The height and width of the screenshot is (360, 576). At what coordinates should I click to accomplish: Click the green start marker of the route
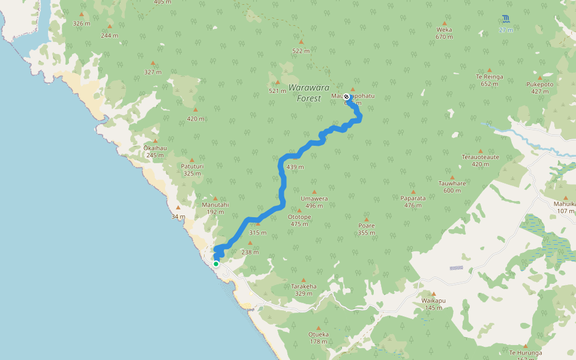point(216,263)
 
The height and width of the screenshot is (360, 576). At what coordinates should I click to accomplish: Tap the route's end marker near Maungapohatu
point(346,97)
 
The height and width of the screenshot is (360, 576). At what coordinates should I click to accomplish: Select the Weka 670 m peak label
point(444,32)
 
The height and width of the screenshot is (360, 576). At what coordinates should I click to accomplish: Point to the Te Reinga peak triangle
point(490,70)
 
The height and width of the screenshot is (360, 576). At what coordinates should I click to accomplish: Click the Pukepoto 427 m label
point(540,88)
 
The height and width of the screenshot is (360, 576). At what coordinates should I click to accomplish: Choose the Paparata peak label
point(413,201)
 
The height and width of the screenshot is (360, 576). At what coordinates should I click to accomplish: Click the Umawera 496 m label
point(314,202)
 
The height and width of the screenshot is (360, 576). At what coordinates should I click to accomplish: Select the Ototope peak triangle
point(299,210)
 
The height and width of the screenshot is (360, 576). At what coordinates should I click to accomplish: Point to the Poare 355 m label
point(366,229)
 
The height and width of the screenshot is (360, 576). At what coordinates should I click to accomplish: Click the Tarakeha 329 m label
point(304,290)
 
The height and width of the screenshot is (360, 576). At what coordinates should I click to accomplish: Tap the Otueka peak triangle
point(318,328)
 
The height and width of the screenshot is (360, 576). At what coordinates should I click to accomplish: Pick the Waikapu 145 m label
point(433,304)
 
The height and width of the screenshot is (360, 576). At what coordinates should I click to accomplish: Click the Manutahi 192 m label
point(215,208)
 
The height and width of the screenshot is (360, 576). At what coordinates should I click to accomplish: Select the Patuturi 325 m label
point(192,169)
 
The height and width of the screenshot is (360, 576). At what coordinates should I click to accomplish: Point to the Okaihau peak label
point(154,151)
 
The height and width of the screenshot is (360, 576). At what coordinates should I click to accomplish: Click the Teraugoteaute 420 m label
point(480,160)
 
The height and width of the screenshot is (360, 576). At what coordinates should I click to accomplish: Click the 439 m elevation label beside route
point(295,167)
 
